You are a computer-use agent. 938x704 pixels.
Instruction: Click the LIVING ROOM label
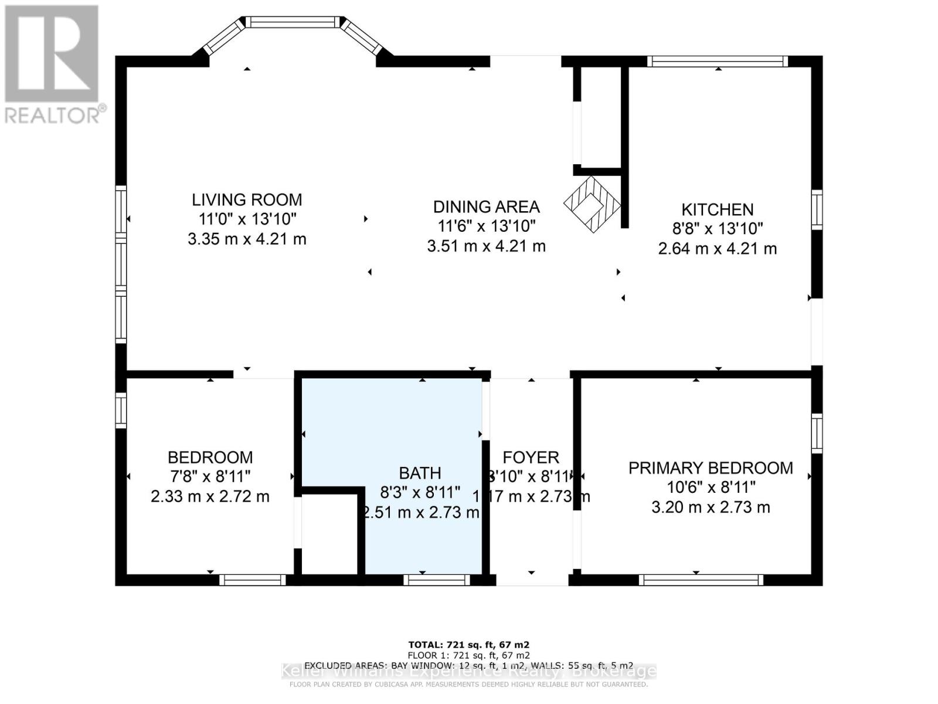pyautogui.click(x=247, y=199)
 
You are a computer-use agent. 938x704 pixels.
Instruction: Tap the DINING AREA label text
pyautogui.click(x=486, y=207)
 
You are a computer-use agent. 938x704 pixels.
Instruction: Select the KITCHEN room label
pyautogui.click(x=717, y=209)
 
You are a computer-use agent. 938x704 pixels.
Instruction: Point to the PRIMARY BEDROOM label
pyautogui.click(x=711, y=468)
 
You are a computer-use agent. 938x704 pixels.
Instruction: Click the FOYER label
pyautogui.click(x=531, y=458)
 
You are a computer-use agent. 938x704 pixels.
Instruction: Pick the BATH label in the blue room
pyautogui.click(x=420, y=473)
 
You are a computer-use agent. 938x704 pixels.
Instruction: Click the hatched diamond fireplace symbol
pyautogui.click(x=592, y=205)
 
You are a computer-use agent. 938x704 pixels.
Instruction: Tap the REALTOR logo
pyautogui.click(x=53, y=65)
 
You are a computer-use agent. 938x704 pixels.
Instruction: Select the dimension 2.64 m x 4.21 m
pyautogui.click(x=717, y=249)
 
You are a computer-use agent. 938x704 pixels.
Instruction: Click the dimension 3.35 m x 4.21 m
pyautogui.click(x=247, y=239)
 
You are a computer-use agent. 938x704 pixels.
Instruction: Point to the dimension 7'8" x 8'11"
pyautogui.click(x=210, y=476)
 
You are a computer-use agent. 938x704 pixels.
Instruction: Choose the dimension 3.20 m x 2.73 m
pyautogui.click(x=711, y=507)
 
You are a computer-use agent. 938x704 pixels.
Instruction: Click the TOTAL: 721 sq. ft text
pyautogui.click(x=469, y=644)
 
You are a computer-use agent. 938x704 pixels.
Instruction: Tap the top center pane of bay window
pyautogui.click(x=292, y=22)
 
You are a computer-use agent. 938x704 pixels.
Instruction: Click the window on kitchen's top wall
pyautogui.click(x=718, y=61)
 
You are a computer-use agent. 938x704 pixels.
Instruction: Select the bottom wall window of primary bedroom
pyautogui.click(x=701, y=580)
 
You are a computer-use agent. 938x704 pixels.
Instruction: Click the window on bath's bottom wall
pyautogui.click(x=437, y=580)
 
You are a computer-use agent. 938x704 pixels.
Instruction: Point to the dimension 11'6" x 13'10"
pyautogui.click(x=486, y=226)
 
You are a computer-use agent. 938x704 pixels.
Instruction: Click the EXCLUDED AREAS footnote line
pyautogui.click(x=469, y=665)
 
